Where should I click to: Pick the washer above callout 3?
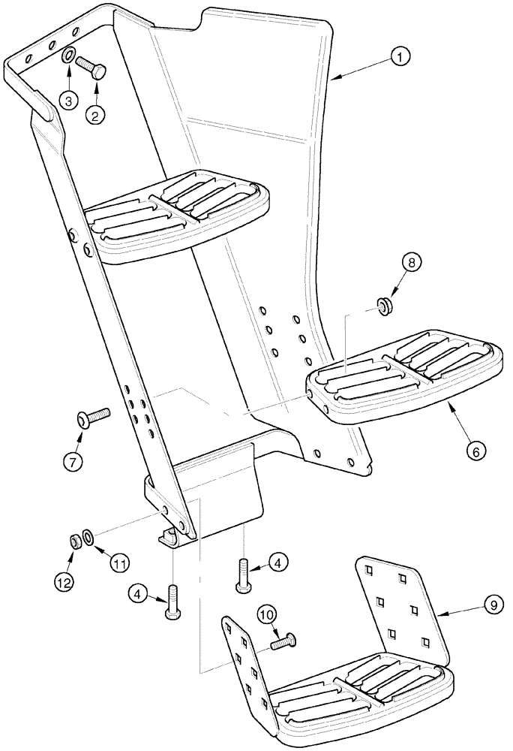(67, 56)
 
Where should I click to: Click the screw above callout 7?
(94, 416)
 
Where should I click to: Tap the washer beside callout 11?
(88, 536)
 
